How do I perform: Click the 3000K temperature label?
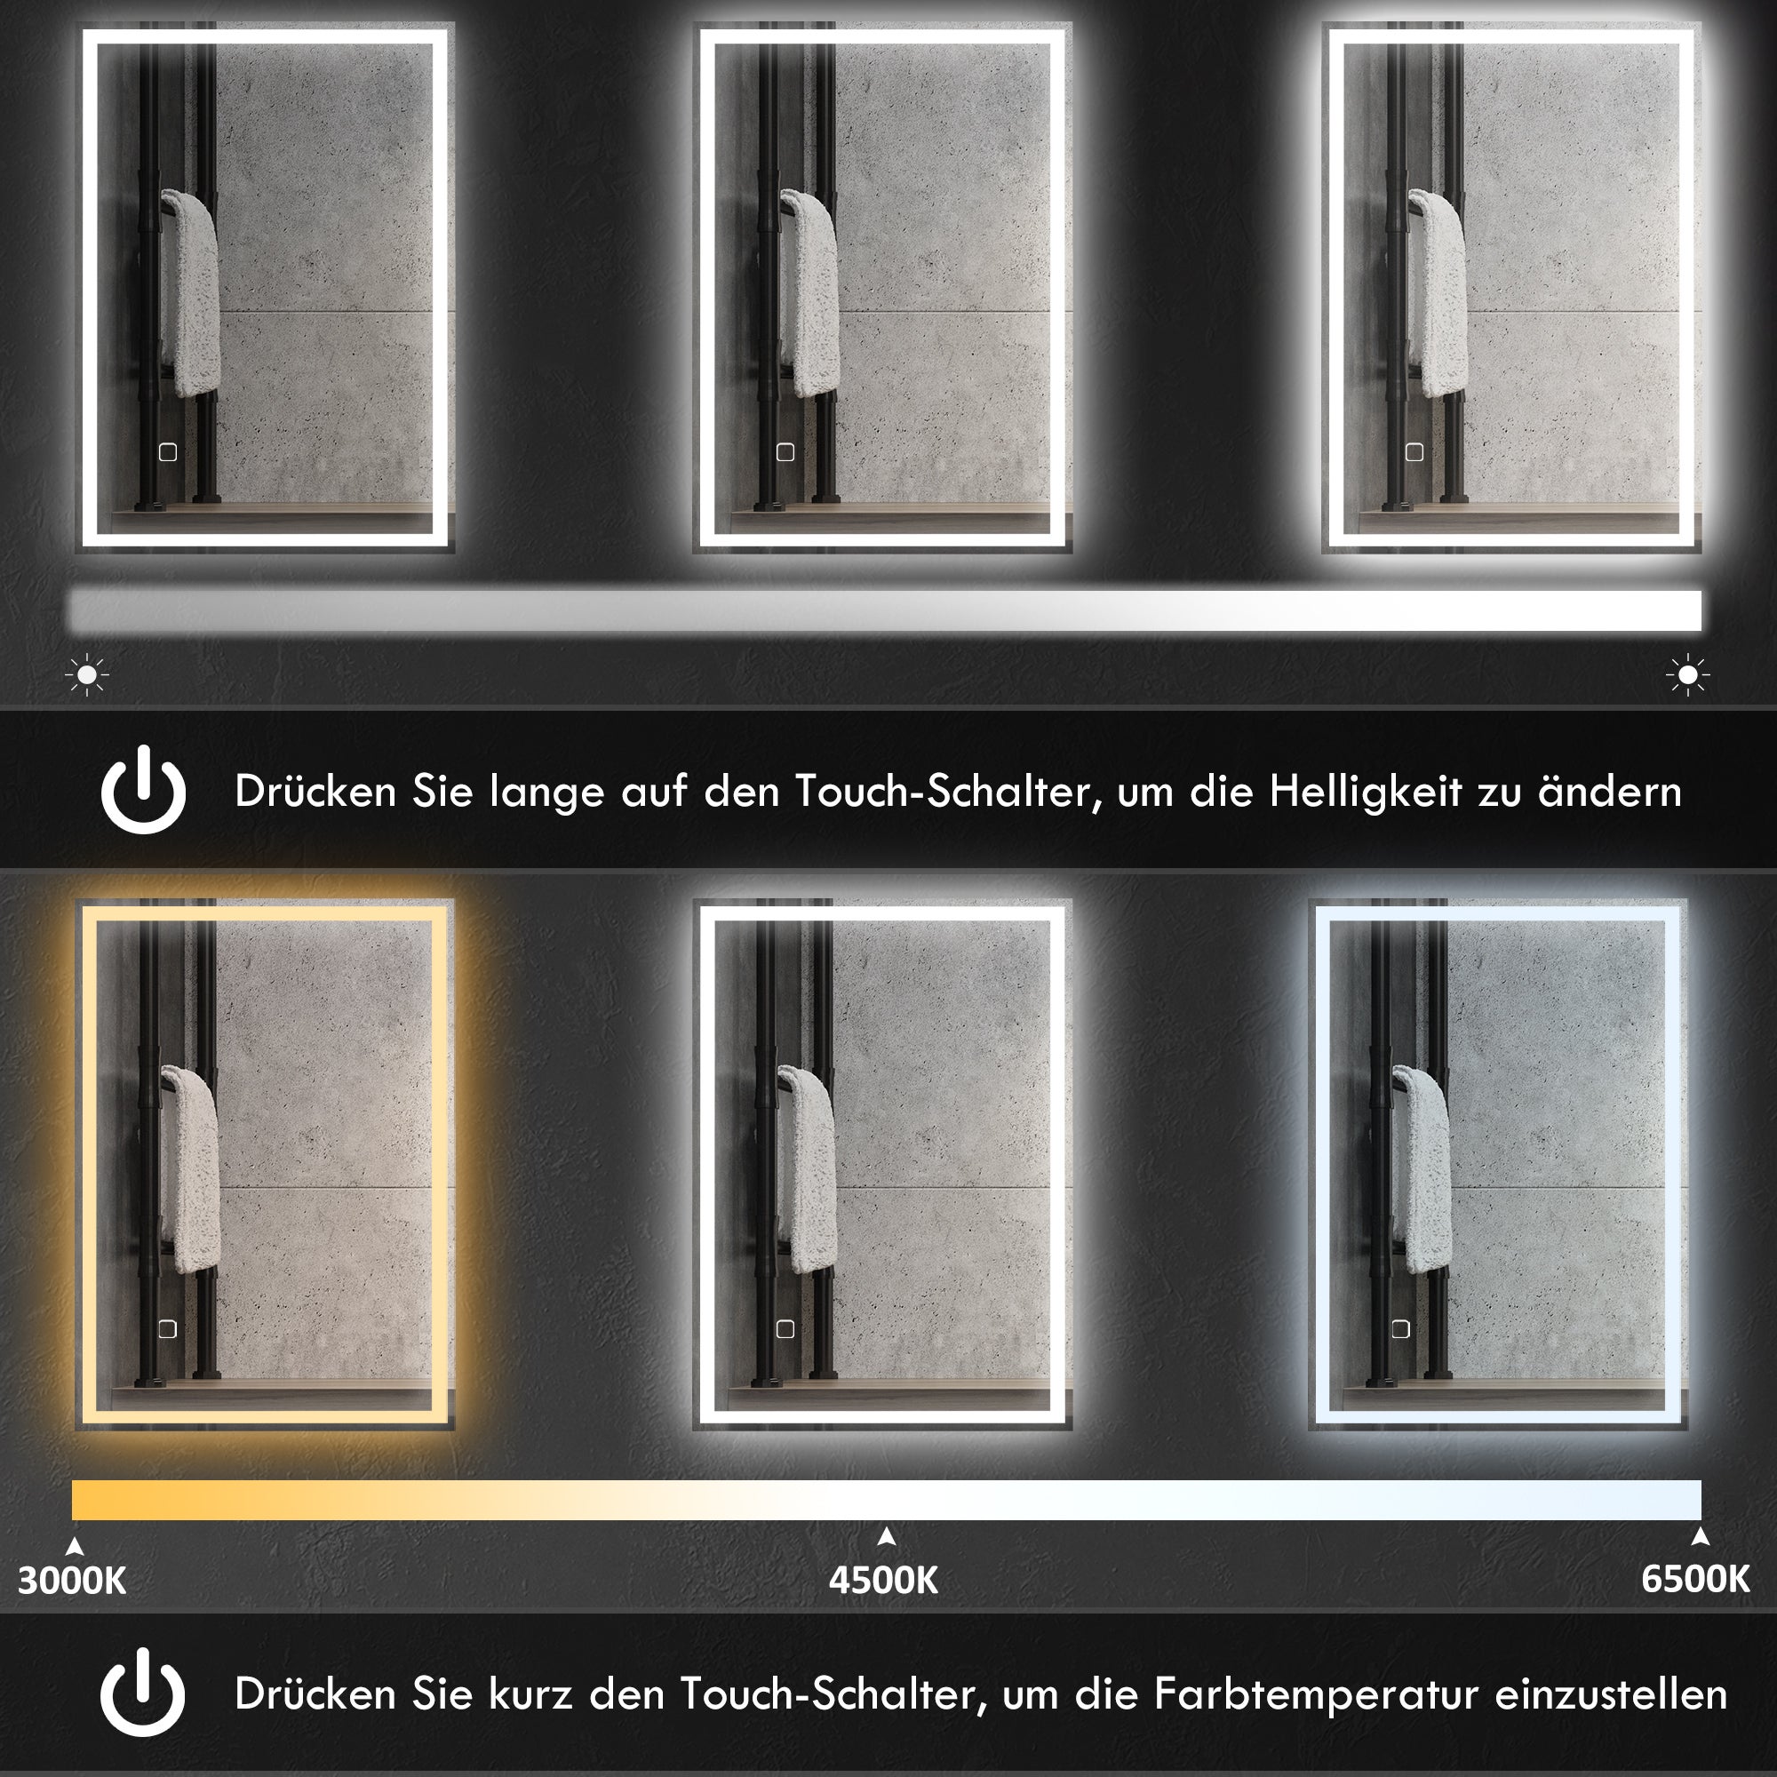(x=73, y=1580)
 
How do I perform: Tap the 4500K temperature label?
(x=883, y=1580)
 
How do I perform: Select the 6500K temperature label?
(x=1695, y=1578)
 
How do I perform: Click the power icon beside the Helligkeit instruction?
(x=143, y=790)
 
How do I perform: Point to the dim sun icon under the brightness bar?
(x=87, y=675)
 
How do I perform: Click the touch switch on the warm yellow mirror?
(x=167, y=1329)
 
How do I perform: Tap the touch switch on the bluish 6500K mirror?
(x=1400, y=1328)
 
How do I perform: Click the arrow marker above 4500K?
(x=887, y=1536)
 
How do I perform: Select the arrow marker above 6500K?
(x=1700, y=1536)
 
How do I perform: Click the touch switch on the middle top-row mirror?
(x=785, y=452)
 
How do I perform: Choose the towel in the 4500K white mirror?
(x=807, y=1168)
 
